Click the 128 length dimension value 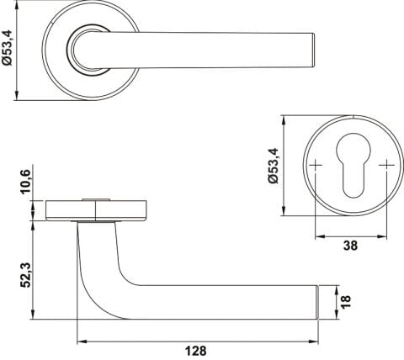[195, 351]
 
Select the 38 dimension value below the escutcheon [350, 246]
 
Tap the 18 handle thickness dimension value [346, 302]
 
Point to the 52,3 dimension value [26, 275]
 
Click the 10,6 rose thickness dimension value [26, 182]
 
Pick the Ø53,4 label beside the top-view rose [8, 48]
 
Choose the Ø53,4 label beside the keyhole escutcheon [273, 166]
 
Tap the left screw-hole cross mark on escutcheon [316, 165]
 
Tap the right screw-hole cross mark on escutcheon [386, 165]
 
